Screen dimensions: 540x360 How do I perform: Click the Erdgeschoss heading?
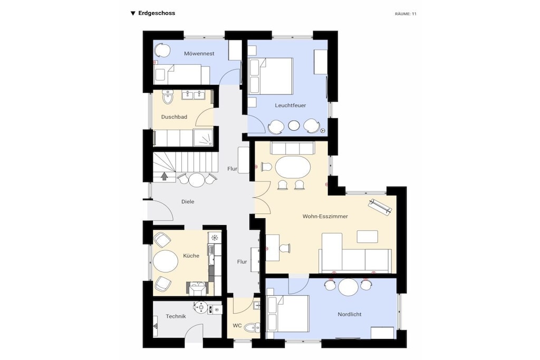coord(156,13)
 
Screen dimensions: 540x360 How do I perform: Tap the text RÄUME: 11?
coord(406,14)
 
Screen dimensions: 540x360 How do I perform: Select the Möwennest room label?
coord(199,53)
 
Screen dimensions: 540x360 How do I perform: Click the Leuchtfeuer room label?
coord(291,105)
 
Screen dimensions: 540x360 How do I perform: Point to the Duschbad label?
coord(174,117)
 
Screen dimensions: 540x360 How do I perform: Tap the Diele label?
coord(188,202)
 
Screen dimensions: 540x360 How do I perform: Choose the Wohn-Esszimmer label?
coord(325,216)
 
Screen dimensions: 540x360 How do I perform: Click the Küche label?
coord(191,256)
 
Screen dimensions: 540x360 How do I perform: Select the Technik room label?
coord(176,316)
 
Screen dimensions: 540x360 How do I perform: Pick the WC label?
coord(237,325)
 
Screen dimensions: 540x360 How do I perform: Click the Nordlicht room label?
coord(350,314)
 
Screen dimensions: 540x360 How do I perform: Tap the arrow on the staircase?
coord(165,177)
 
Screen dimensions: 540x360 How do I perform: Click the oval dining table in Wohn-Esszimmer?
coord(293,167)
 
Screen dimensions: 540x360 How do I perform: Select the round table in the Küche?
coord(166,261)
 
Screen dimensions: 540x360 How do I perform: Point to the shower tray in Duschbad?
coord(203,138)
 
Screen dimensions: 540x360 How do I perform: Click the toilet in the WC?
coord(253,327)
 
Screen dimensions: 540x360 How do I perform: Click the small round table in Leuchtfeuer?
coord(293,125)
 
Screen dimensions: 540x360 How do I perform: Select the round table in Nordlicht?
coord(348,287)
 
